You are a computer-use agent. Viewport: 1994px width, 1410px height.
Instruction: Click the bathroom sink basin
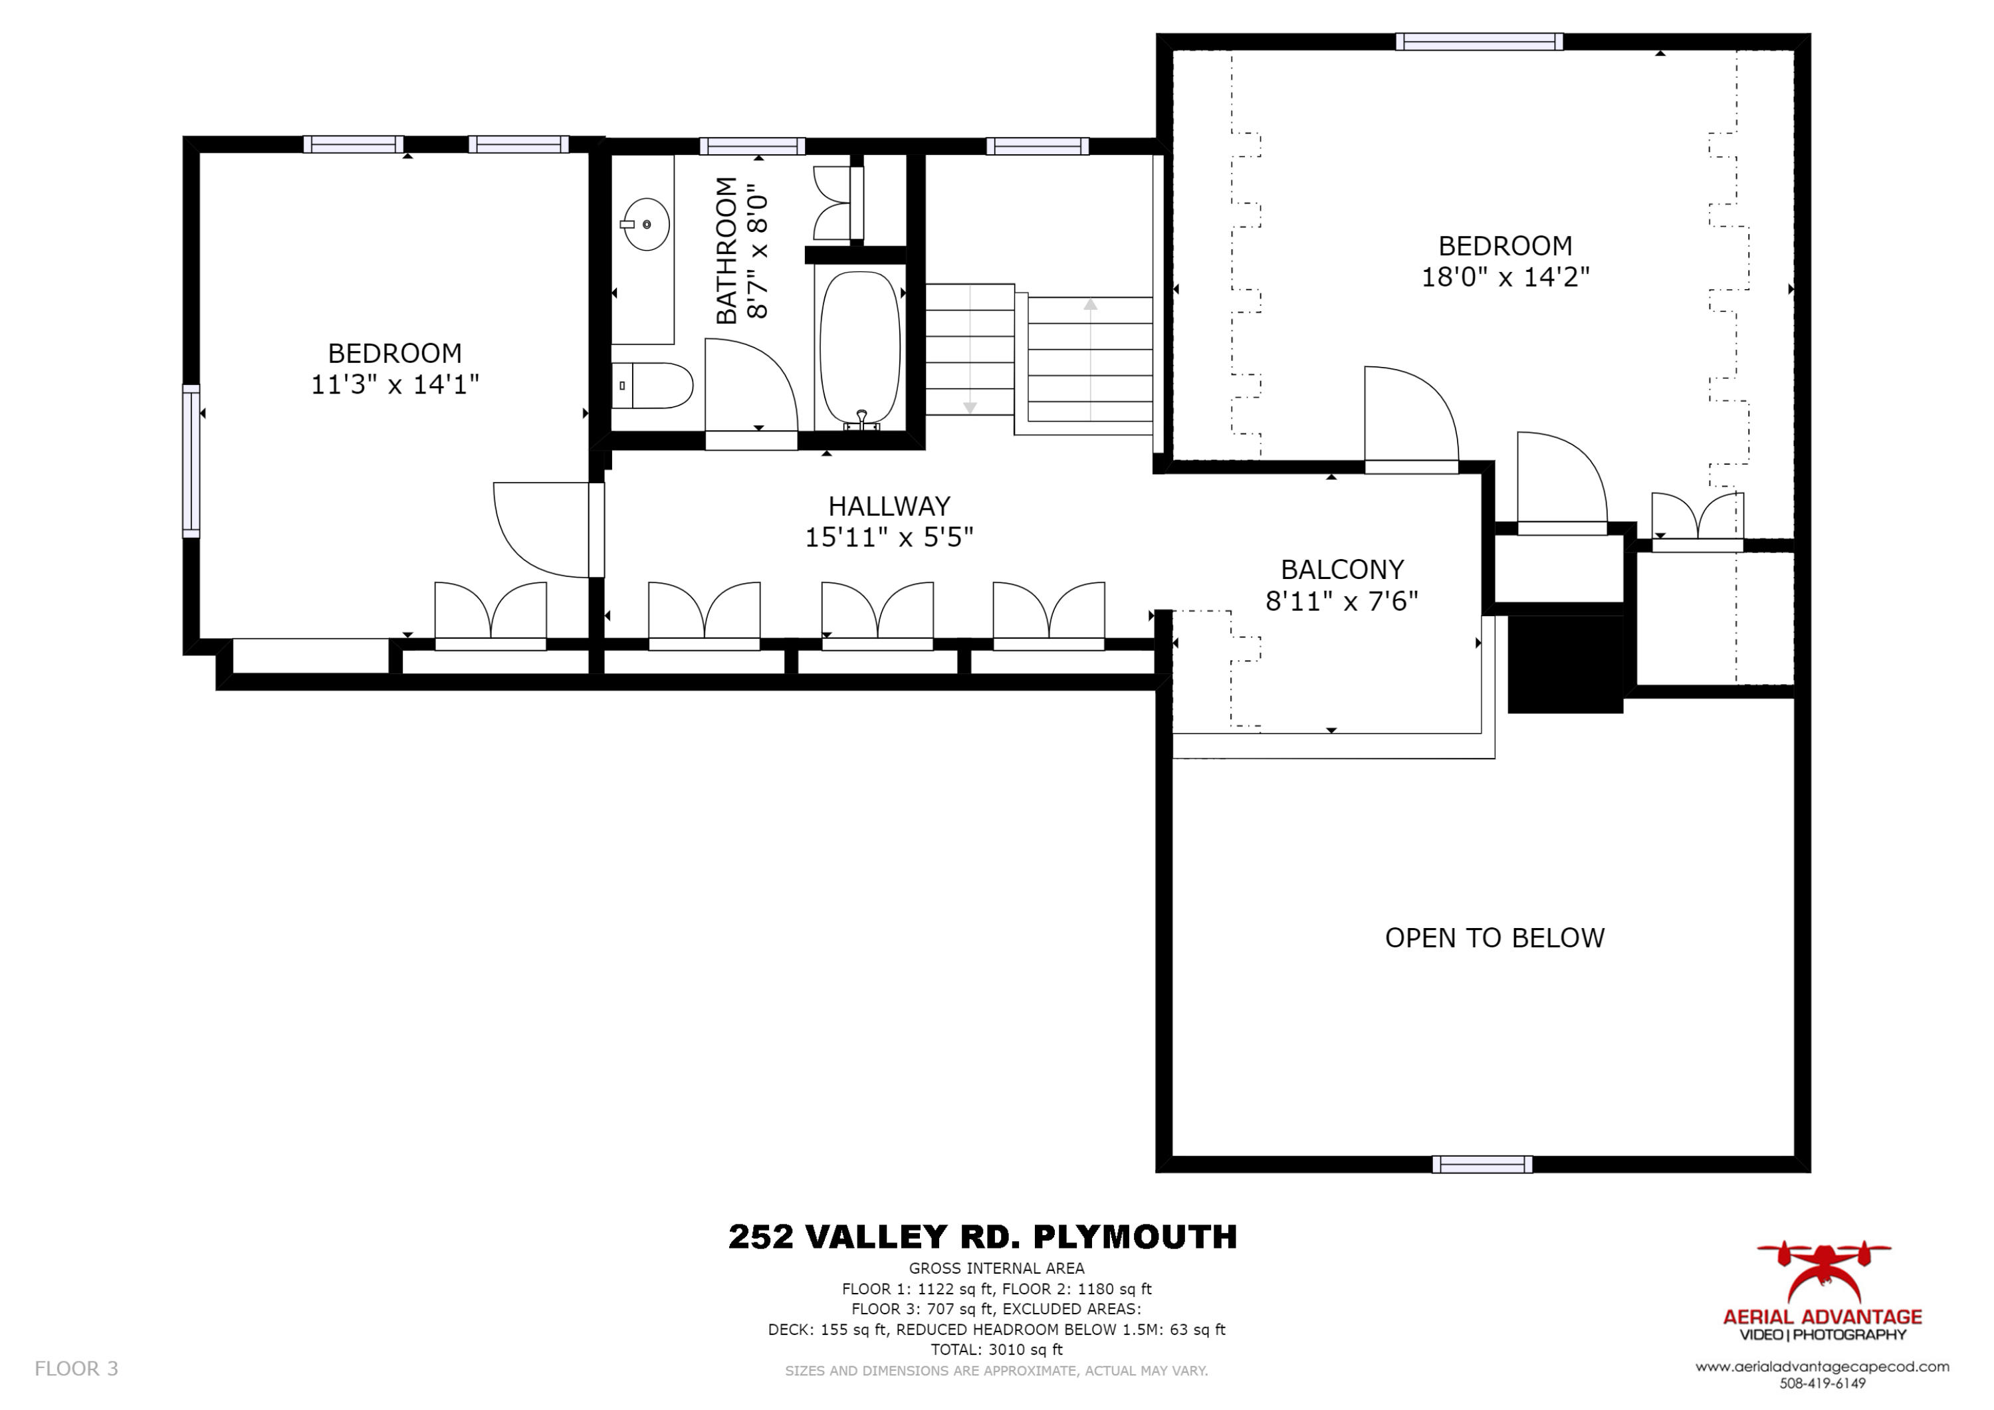pos(647,224)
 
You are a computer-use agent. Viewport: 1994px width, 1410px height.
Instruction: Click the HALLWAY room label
pos(889,506)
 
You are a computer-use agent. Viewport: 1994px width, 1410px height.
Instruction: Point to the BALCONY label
pos(1342,570)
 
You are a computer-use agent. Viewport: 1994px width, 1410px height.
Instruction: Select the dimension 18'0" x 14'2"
pos(1505,277)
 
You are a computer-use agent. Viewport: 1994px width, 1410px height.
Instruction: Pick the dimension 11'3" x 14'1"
pos(395,384)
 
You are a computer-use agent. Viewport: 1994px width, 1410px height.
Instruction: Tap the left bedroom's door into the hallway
pos(542,529)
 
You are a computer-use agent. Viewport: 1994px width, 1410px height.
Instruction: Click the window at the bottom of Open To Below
pos(1482,1164)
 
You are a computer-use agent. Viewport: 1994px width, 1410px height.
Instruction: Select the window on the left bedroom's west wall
pos(191,461)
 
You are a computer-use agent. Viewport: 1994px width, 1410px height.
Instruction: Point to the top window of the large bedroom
pos(1479,42)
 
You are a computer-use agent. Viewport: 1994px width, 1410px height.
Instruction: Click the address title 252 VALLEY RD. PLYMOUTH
pos(982,1237)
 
